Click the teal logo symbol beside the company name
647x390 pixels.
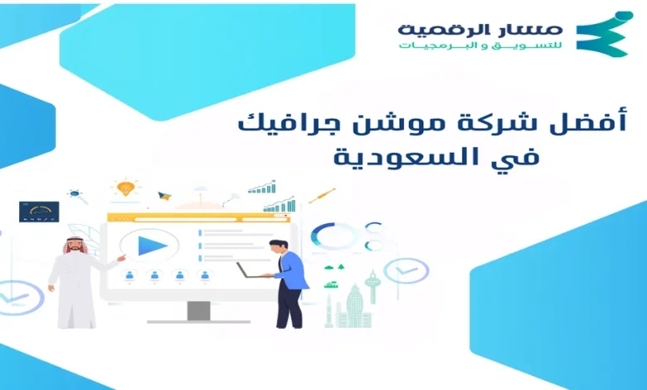coord(604,35)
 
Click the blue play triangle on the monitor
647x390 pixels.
coord(152,246)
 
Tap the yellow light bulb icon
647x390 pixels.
coord(125,188)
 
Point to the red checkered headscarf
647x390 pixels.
coord(75,244)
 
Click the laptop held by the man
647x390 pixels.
coord(249,271)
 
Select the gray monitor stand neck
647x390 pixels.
coord(198,310)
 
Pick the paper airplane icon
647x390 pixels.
coord(164,196)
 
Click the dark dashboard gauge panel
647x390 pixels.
coord(39,212)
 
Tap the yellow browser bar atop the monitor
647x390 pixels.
coord(198,218)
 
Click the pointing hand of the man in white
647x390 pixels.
coord(121,258)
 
